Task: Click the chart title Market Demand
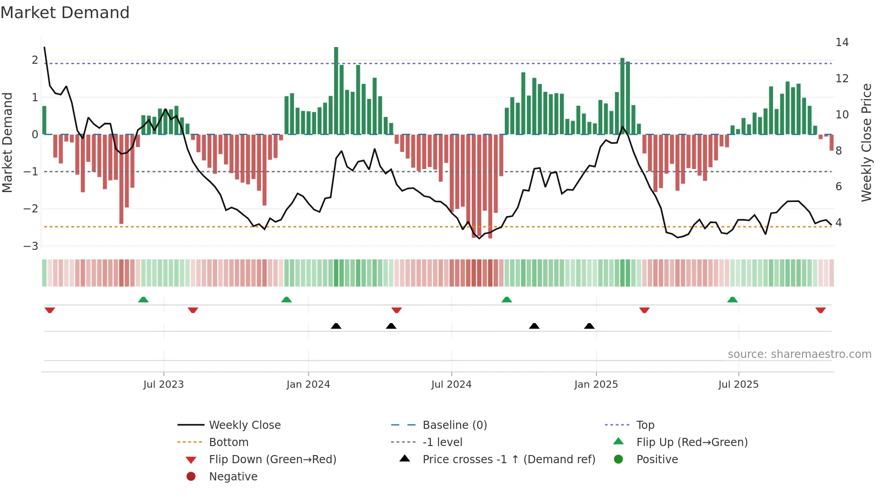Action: pyautogui.click(x=65, y=13)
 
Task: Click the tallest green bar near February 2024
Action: pyautogui.click(x=336, y=90)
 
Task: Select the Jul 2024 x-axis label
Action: pyautogui.click(x=451, y=385)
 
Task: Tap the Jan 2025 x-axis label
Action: pyautogui.click(x=596, y=385)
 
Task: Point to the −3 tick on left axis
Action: pyautogui.click(x=31, y=246)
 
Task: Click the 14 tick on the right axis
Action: pyautogui.click(x=842, y=42)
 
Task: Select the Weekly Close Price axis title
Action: pyautogui.click(x=866, y=142)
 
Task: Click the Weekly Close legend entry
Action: pyautogui.click(x=244, y=425)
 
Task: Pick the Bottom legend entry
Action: pyautogui.click(x=228, y=442)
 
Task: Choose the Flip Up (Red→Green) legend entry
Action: pyautogui.click(x=692, y=442)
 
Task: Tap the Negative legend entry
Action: pyautogui.click(x=233, y=477)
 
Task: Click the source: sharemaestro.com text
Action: pyautogui.click(x=799, y=354)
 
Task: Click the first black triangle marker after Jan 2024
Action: pyautogui.click(x=336, y=326)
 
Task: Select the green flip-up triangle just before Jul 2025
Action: pyautogui.click(x=732, y=300)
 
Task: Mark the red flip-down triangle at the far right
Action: pyautogui.click(x=820, y=310)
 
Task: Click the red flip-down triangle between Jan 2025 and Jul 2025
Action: pyautogui.click(x=644, y=310)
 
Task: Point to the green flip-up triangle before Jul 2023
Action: pyautogui.click(x=143, y=300)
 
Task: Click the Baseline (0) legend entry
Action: pyautogui.click(x=454, y=425)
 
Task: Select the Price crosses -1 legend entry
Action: pyautogui.click(x=508, y=460)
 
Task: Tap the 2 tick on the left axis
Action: pyautogui.click(x=35, y=60)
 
